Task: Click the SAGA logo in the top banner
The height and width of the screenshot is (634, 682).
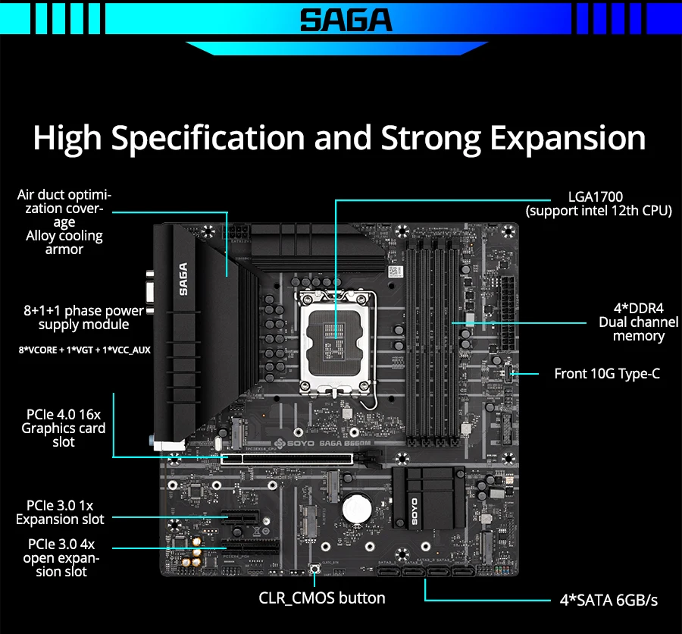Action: pos(346,20)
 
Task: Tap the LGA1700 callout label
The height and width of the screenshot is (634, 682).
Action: pos(596,197)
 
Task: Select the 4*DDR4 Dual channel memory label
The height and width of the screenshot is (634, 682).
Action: pos(638,322)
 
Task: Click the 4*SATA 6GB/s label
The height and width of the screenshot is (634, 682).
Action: pos(608,600)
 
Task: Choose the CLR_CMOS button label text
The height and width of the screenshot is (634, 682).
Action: pos(322,598)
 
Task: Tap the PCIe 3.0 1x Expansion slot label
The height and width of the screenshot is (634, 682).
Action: pos(60,512)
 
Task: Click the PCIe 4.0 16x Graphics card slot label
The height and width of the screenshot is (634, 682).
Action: pos(63,428)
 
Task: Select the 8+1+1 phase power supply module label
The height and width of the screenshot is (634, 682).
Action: pos(83,317)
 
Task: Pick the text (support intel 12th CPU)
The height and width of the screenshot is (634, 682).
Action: pos(599,210)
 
